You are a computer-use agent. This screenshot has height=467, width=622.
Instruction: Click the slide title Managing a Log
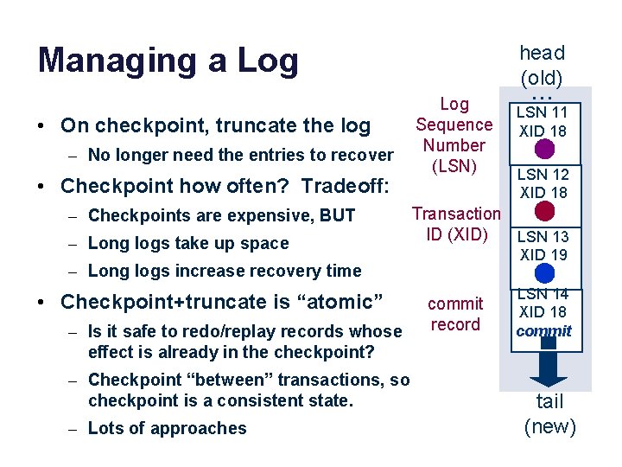pyautogui.click(x=168, y=61)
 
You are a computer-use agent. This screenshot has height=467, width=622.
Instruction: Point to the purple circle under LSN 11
pyautogui.click(x=543, y=150)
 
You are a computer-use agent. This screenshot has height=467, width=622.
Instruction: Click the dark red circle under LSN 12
pyautogui.click(x=543, y=211)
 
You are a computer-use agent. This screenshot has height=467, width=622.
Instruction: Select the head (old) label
pyautogui.click(x=542, y=65)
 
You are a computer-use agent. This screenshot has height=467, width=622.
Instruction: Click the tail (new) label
pyautogui.click(x=550, y=413)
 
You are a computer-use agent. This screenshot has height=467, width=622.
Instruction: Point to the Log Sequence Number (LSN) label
pyautogui.click(x=454, y=135)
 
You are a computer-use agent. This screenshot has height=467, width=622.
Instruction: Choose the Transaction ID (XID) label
pyautogui.click(x=455, y=223)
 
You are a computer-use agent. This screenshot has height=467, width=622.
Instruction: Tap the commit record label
pyautogui.click(x=455, y=314)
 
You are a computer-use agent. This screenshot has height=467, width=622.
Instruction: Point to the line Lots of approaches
pyautogui.click(x=167, y=428)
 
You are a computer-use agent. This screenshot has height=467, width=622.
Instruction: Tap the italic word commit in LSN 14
pyautogui.click(x=544, y=330)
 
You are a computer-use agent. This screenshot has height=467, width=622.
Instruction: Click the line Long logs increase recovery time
pyautogui.click(x=225, y=271)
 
